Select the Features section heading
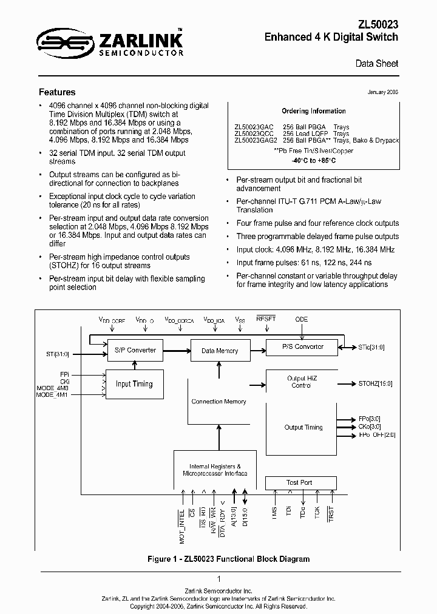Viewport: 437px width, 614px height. (x=57, y=92)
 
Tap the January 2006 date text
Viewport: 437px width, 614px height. (x=383, y=92)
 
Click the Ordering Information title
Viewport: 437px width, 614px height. (x=314, y=111)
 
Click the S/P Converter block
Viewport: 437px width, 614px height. (x=135, y=350)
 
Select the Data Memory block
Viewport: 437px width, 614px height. (x=219, y=351)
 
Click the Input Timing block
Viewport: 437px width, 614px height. (x=134, y=383)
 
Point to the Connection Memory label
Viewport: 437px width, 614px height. (x=218, y=402)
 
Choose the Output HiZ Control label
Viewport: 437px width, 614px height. (x=302, y=382)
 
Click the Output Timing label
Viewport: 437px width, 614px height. (x=303, y=427)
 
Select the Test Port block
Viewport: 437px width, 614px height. (x=299, y=483)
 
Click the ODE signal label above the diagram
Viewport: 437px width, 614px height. (x=302, y=319)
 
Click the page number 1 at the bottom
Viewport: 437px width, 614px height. (x=218, y=579)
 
